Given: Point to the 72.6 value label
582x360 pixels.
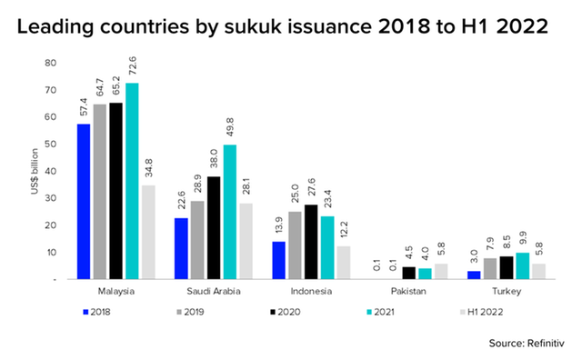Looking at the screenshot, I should (132, 66).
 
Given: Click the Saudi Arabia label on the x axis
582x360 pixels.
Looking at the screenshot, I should (214, 291).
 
